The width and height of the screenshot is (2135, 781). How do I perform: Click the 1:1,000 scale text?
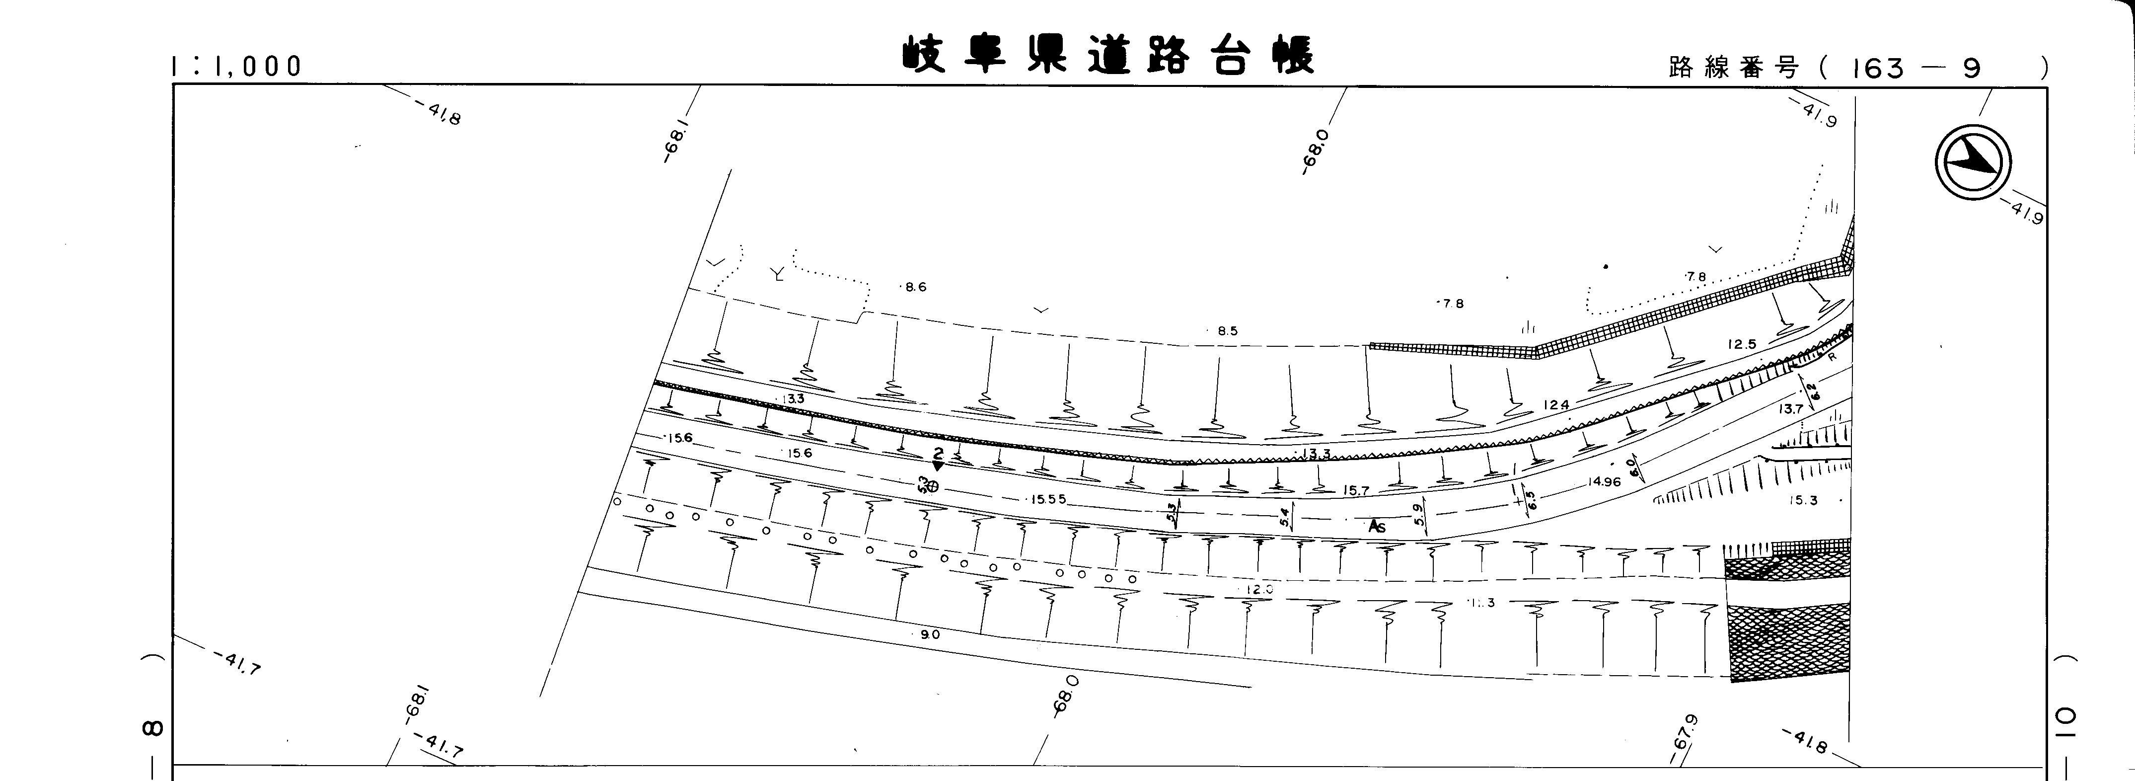coord(237,67)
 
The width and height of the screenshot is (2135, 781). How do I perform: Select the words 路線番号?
coord(1734,68)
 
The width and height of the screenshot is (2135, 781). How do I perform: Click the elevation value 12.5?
coord(1742,344)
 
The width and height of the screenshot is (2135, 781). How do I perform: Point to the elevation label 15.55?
coord(1047,500)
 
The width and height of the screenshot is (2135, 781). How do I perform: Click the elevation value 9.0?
coord(930,635)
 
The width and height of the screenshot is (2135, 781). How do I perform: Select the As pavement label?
coord(1377,527)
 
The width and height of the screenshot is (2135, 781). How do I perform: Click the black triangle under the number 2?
coord(937,467)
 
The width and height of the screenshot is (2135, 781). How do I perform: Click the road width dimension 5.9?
coord(1420,517)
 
